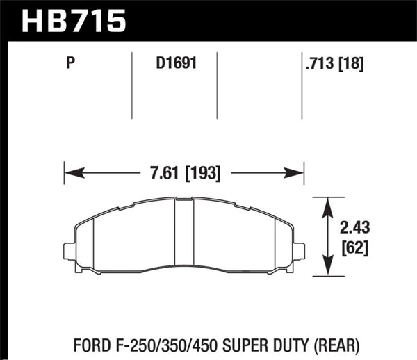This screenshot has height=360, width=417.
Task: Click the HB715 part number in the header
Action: point(74,20)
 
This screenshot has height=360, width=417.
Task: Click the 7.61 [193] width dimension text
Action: point(184,173)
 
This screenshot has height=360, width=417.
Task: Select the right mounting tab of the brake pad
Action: point(300,250)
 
